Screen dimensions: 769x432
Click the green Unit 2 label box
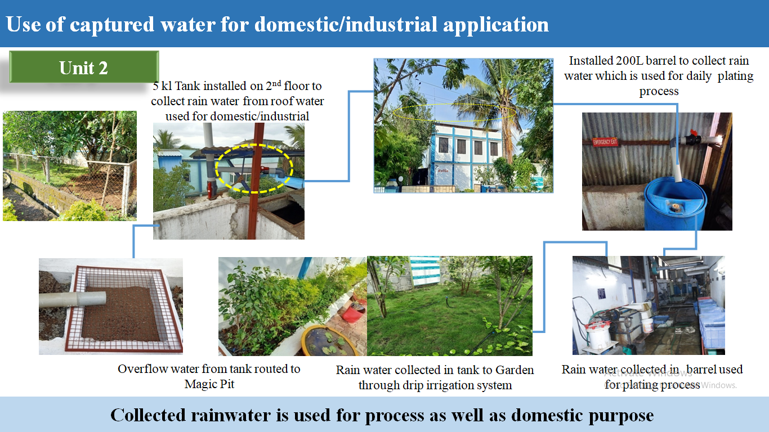click(84, 67)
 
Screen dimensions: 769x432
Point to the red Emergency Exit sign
click(605, 142)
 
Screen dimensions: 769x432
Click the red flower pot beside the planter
click(354, 312)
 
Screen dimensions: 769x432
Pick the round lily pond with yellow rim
click(330, 340)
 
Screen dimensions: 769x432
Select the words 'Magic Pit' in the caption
click(209, 384)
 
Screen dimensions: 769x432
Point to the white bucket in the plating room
click(647, 325)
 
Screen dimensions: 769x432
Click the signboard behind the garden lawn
click(426, 271)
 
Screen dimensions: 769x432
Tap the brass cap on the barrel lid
click(674, 206)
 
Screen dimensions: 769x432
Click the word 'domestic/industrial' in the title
click(346, 25)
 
